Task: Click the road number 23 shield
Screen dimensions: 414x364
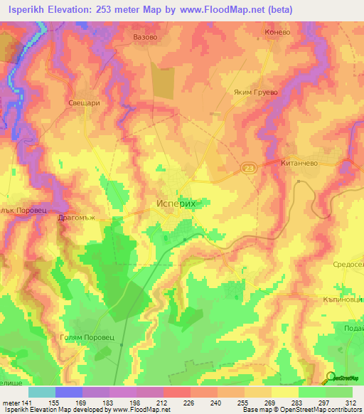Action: coord(247,168)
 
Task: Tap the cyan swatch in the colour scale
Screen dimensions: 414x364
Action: coord(41,392)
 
